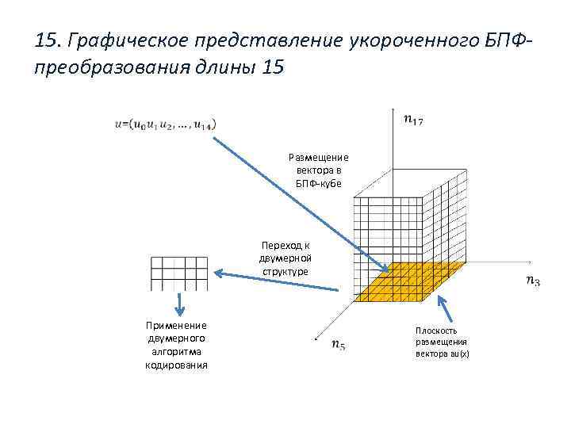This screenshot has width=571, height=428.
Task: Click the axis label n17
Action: coord(412,120)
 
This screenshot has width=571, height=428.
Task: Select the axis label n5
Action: coord(337,345)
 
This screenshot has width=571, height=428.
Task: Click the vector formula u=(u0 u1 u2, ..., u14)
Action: coord(164,124)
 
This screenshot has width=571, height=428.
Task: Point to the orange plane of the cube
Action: coord(400,281)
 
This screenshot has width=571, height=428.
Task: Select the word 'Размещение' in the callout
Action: coord(318,157)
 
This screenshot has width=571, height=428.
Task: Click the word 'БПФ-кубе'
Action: coord(318,182)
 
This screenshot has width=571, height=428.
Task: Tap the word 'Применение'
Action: coord(176,325)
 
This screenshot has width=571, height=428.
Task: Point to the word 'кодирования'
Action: coord(176,365)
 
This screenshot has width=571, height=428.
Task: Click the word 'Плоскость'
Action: coord(435,330)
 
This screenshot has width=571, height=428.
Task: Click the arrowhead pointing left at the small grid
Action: coord(220,275)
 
